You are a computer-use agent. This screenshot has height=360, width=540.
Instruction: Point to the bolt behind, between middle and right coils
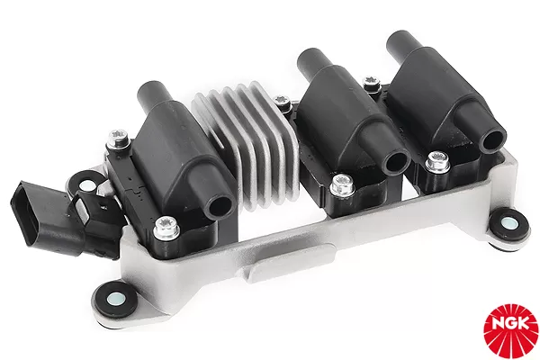pos(369,85)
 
